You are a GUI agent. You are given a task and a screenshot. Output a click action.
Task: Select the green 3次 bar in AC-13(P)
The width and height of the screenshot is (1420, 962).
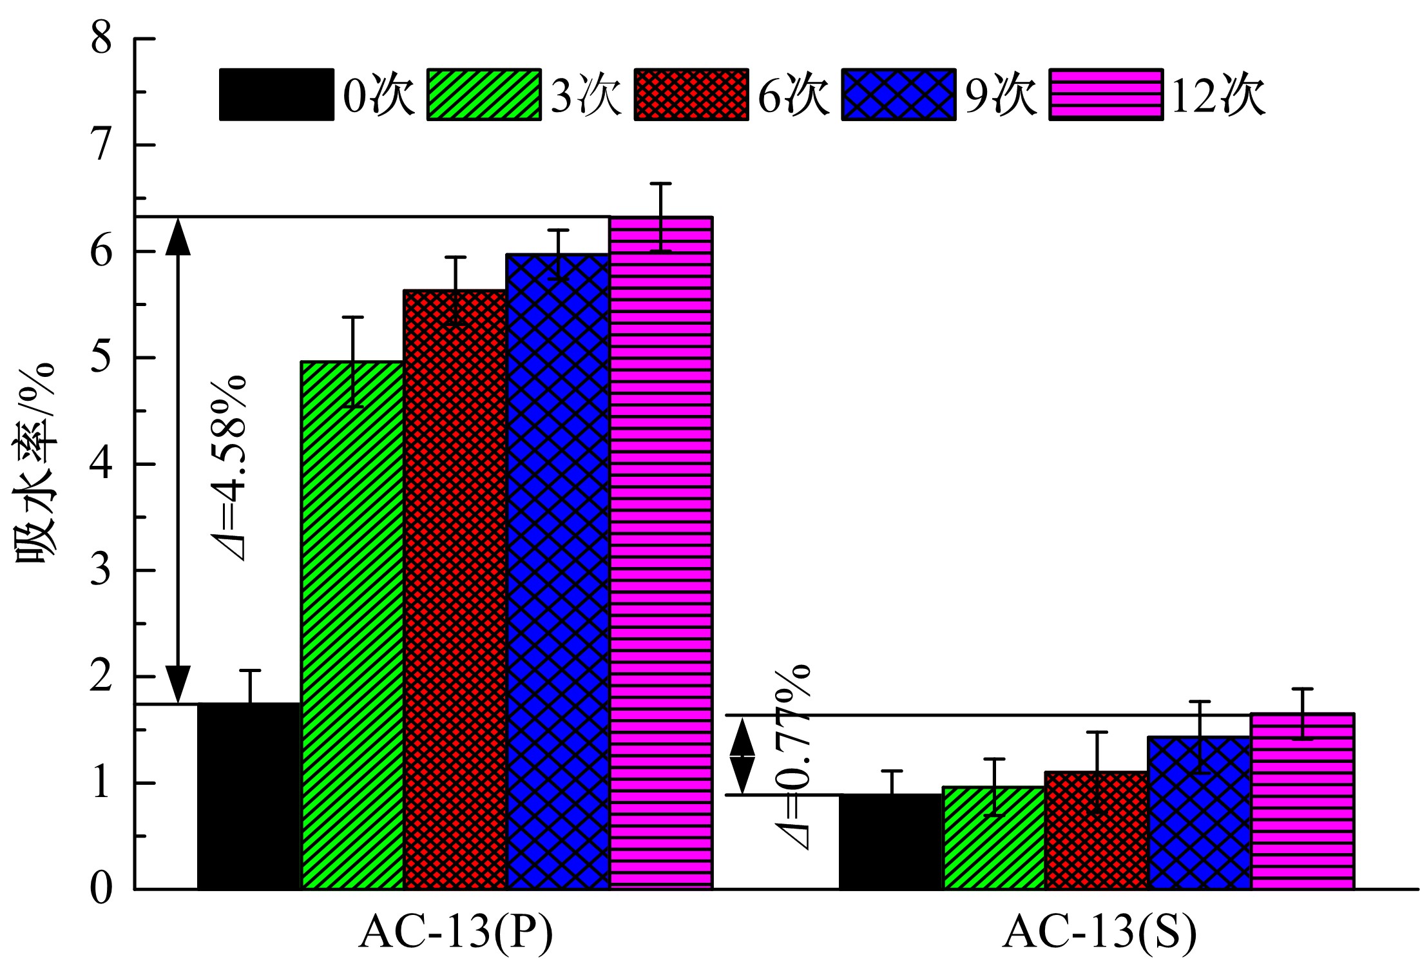(352, 625)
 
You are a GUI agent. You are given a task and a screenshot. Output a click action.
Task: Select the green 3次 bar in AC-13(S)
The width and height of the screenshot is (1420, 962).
(993, 838)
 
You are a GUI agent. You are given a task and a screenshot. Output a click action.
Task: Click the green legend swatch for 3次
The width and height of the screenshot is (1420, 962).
(484, 95)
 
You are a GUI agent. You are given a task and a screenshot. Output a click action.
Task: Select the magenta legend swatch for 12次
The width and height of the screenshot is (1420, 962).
(1106, 95)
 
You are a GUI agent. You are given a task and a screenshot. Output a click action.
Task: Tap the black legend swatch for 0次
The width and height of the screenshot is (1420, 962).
(276, 95)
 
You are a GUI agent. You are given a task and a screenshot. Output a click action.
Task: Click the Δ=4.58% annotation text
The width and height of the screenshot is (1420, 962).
(228, 467)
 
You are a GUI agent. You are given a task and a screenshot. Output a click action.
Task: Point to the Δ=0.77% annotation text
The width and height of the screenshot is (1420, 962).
(792, 757)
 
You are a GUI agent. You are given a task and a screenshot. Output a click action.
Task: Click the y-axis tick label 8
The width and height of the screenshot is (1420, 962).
(102, 39)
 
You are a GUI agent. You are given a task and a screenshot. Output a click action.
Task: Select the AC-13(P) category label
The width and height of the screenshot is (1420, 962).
(456, 932)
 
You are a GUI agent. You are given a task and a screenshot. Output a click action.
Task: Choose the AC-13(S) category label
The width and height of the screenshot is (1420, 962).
(1100, 932)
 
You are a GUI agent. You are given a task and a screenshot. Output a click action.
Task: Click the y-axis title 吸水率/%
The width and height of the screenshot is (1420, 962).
(36, 464)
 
